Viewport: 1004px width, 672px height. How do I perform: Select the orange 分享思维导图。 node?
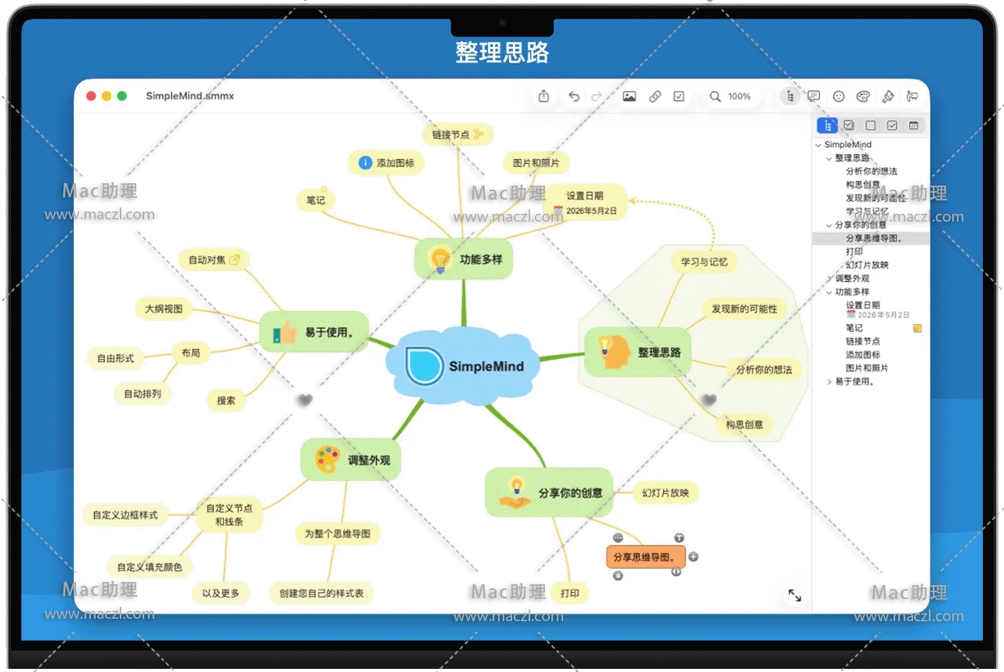645,557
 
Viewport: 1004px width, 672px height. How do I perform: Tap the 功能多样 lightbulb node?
463,259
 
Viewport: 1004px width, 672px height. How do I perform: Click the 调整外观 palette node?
351,460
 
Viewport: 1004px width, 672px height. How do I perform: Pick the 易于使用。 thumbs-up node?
313,332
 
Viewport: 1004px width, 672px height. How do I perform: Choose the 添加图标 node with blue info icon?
386,163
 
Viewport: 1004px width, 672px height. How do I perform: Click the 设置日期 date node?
585,202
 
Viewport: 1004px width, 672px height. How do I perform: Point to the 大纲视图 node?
164,309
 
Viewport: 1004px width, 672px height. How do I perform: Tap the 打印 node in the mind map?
569,593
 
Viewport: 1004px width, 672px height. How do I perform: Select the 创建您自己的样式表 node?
321,593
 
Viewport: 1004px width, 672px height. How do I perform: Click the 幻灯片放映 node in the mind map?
665,493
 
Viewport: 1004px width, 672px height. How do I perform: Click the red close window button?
91,96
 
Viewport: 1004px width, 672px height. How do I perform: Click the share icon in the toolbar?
544,96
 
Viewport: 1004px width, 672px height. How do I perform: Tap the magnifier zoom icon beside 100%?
715,96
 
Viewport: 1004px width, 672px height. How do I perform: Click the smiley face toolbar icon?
839,96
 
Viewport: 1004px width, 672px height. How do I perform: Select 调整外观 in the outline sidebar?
852,278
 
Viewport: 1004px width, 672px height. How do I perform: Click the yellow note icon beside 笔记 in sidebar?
917,328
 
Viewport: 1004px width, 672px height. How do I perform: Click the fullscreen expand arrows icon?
794,595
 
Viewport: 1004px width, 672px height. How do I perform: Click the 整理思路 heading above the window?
502,52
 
